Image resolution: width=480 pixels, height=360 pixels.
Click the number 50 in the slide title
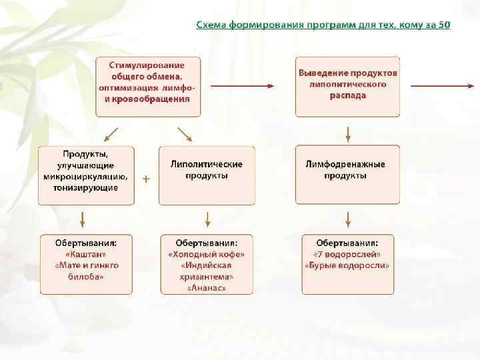(x=444, y=25)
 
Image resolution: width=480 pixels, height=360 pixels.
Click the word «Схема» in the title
(x=211, y=25)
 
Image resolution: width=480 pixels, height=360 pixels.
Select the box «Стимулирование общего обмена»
(x=147, y=87)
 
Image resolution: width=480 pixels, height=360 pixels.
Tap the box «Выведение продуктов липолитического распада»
(x=347, y=87)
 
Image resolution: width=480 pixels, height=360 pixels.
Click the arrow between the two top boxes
(x=242, y=85)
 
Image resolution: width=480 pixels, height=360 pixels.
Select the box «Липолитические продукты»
(x=207, y=175)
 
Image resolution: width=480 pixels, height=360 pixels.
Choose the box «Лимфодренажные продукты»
(x=347, y=175)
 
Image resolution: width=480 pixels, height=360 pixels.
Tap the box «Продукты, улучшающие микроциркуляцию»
(x=85, y=175)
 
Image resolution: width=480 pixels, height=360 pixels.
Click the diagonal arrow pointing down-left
(x=112, y=134)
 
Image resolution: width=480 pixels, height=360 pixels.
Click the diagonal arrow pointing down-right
(x=185, y=134)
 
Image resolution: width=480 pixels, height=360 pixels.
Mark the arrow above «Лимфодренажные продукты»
(x=348, y=133)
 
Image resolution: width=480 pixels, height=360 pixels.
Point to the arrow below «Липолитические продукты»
(x=207, y=219)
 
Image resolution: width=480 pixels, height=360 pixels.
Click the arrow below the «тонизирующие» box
(x=82, y=219)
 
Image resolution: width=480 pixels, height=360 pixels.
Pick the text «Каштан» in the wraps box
(x=85, y=254)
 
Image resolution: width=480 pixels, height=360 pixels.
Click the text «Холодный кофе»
(x=207, y=254)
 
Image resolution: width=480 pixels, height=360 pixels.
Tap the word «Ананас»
(x=207, y=288)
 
